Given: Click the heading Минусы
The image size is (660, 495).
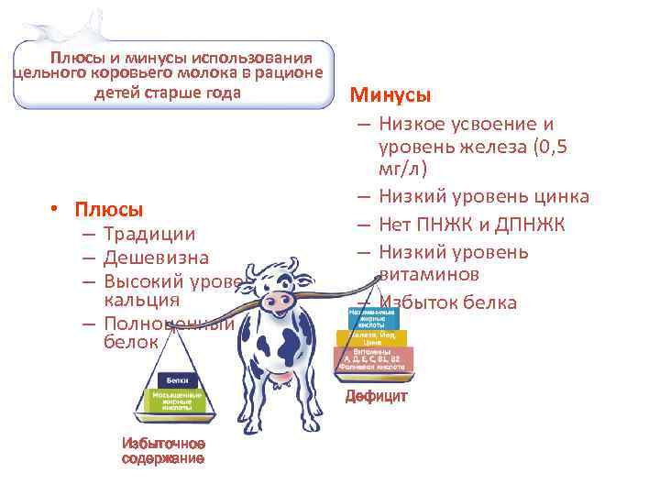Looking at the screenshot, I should point(390,95).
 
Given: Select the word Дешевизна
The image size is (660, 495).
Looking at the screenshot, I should point(156,258).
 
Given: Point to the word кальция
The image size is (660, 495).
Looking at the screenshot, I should point(142,301).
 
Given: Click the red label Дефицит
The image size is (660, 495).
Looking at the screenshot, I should point(376,397).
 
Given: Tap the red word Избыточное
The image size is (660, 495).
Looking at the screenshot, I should point(162,444).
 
